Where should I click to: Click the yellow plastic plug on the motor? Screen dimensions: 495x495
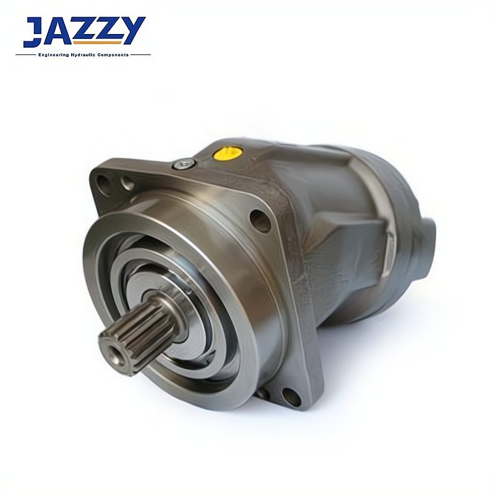[x=227, y=152]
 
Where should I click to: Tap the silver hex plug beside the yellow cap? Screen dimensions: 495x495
[x=184, y=164]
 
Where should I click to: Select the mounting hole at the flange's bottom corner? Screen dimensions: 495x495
[x=291, y=397]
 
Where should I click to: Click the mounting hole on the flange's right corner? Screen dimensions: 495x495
[x=260, y=220]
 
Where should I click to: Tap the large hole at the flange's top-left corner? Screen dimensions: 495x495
[x=103, y=185]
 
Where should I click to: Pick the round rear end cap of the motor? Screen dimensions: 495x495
[x=427, y=249]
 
